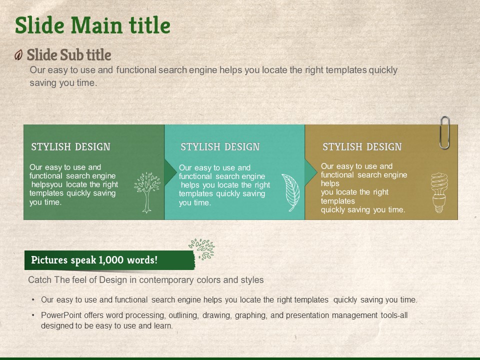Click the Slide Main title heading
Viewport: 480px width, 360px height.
coord(92,25)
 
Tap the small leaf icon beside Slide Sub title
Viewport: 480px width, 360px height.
coord(18,55)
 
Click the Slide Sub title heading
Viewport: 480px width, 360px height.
coord(69,55)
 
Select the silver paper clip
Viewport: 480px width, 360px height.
coord(444,132)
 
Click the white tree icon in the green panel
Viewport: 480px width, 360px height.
coord(147,192)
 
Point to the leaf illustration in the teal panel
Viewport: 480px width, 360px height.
coord(290,192)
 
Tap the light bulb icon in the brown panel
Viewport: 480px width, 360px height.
coord(439,193)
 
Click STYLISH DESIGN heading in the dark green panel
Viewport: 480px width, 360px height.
coord(70,147)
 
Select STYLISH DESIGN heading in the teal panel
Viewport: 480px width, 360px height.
coord(220,147)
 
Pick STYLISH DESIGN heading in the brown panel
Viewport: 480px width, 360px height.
coord(362,147)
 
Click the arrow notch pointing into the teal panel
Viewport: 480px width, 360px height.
coord(170,172)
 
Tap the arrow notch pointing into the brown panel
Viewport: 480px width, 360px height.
coord(310,172)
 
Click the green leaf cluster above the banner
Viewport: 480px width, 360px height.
coord(201,249)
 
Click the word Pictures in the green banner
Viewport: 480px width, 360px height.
coord(49,260)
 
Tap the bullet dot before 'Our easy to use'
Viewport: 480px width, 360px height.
coord(33,299)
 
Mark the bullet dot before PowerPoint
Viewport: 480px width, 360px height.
coord(33,315)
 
